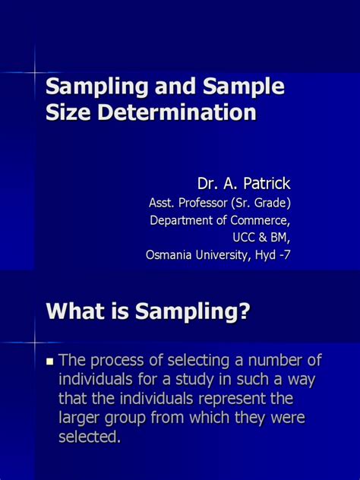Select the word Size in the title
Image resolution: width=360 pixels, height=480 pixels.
(68, 113)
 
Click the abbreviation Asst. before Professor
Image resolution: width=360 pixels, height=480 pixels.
(163, 203)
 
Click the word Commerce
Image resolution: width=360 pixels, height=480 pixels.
(259, 220)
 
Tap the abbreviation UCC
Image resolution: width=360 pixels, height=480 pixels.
(230, 238)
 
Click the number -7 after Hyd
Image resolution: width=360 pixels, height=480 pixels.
(283, 255)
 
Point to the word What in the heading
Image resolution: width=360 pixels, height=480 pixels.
(76, 311)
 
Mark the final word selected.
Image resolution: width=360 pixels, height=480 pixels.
(89, 438)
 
